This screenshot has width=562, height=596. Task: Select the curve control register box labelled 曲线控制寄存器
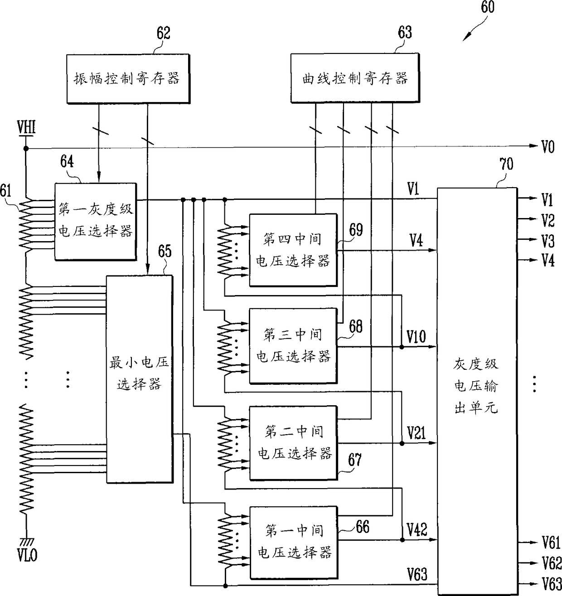355,78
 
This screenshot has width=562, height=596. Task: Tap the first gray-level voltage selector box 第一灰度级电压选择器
96,222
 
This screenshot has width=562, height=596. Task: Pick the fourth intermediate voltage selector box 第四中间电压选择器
293,250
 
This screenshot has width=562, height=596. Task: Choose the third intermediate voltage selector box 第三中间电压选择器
293,346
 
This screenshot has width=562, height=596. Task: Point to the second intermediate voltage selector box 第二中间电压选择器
294,443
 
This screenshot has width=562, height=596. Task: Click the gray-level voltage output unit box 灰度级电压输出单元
477,390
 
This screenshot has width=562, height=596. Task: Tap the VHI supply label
26,127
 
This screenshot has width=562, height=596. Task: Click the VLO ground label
27,556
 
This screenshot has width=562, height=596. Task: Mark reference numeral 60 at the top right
488,7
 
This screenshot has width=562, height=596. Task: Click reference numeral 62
163,33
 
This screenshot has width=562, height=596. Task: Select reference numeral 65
165,251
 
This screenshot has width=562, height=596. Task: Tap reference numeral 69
356,230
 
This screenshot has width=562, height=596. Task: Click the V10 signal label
416,336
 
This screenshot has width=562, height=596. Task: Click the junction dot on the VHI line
26,149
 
